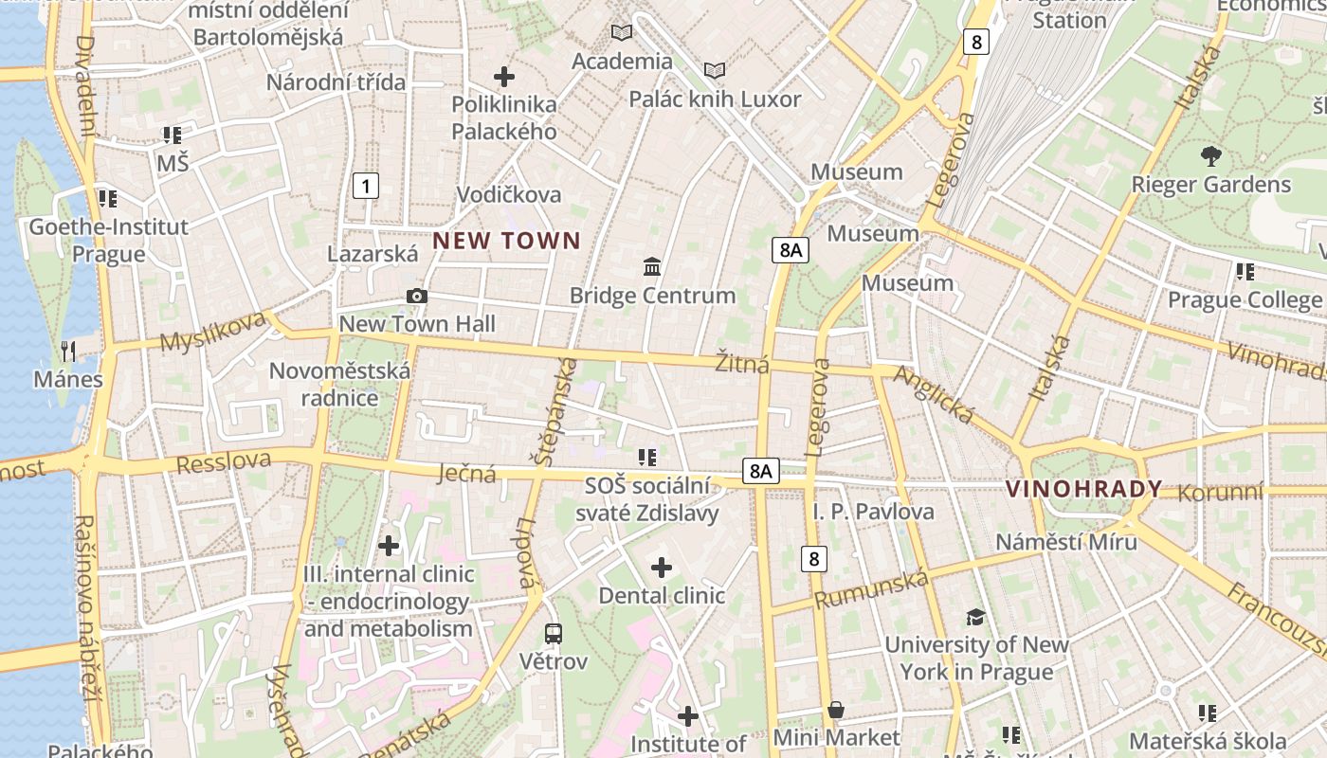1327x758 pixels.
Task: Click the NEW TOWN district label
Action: click(x=506, y=241)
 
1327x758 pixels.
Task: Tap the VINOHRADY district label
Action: click(x=1083, y=489)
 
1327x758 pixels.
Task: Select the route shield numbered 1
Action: click(x=365, y=186)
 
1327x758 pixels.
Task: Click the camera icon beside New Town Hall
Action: click(x=416, y=297)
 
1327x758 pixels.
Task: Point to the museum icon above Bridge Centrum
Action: click(x=652, y=267)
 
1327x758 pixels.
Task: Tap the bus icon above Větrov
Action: click(x=553, y=633)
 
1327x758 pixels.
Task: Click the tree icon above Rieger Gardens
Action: click(x=1210, y=156)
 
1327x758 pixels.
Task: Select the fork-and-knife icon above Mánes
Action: click(x=68, y=352)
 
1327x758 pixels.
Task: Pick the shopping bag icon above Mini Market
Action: click(x=836, y=710)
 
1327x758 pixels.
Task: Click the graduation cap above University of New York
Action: click(x=975, y=618)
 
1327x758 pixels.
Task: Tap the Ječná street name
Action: click(x=466, y=473)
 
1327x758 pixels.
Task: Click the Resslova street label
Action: click(x=224, y=463)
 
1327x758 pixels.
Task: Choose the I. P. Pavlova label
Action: click(x=873, y=512)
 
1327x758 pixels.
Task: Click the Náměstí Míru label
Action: click(x=1065, y=542)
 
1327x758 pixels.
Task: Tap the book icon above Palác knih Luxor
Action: click(x=715, y=71)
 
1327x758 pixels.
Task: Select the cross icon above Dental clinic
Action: click(x=662, y=568)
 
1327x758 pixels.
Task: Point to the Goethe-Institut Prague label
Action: click(x=108, y=240)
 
